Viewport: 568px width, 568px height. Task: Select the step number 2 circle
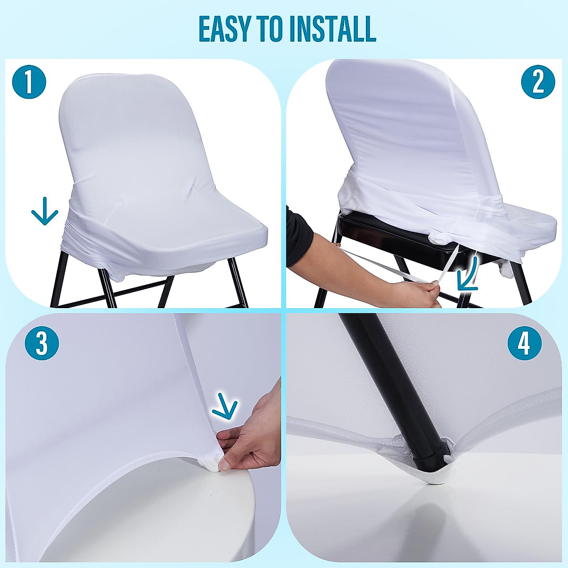tap(538, 81)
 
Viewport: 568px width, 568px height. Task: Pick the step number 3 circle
tap(42, 343)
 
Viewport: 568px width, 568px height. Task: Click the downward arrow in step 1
tap(44, 211)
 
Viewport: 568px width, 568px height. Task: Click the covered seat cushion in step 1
tap(189, 227)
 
